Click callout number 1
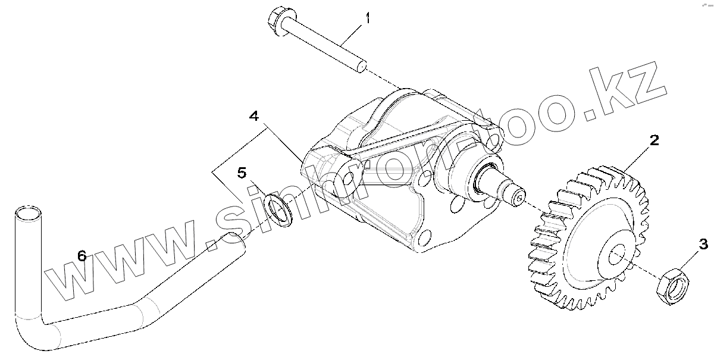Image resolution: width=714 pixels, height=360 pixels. tap(367, 18)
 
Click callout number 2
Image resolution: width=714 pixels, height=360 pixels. tap(654, 141)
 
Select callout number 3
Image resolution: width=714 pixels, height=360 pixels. tap(703, 243)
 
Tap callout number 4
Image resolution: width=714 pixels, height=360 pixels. tap(253, 117)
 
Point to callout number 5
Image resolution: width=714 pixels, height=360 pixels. tap(242, 173)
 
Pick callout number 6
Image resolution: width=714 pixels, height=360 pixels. tap(82, 256)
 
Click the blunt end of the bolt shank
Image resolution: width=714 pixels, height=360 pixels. tap(361, 67)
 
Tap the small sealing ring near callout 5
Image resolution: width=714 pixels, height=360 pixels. tap(278, 208)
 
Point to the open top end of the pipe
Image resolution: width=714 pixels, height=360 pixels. tap(27, 212)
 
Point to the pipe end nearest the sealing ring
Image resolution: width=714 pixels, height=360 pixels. tap(233, 243)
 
